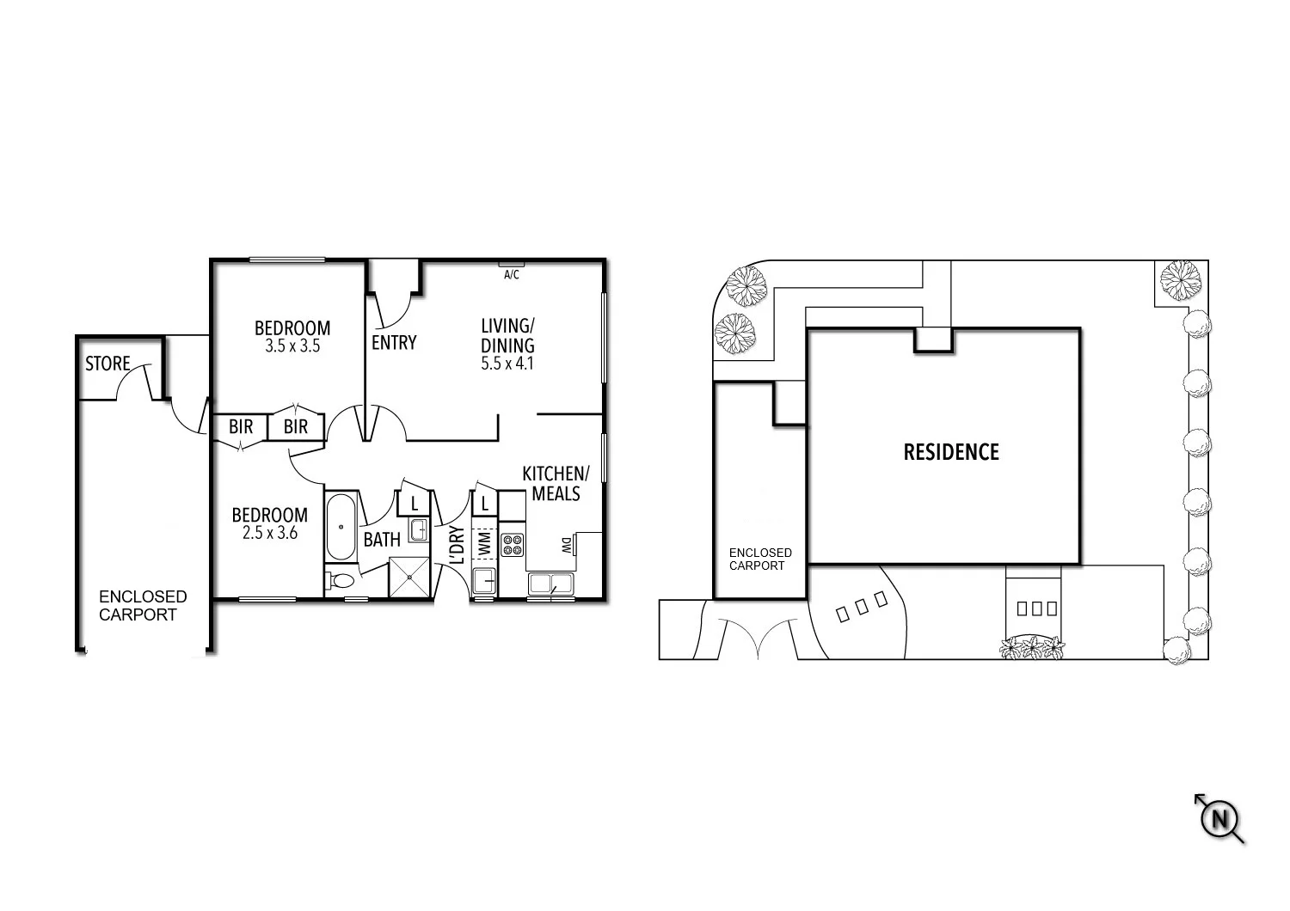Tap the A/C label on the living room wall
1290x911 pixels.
[x=511, y=275]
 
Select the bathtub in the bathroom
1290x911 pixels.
[x=341, y=527]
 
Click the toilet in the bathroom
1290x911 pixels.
[x=341, y=582]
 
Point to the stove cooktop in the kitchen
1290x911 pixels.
[x=513, y=544]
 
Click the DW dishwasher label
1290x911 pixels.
[x=567, y=545]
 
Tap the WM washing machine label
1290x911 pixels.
[x=484, y=543]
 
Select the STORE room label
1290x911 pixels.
[x=107, y=364]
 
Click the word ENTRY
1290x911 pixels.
[x=394, y=343]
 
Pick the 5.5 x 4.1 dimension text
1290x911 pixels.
[x=507, y=364]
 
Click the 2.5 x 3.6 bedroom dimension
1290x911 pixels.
[x=269, y=533]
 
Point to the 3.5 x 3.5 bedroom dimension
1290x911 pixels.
[x=292, y=346]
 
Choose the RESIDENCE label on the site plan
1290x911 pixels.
[x=951, y=452]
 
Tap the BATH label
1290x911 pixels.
[x=382, y=540]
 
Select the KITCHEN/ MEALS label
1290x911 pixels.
[x=556, y=484]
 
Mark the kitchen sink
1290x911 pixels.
[x=542, y=584]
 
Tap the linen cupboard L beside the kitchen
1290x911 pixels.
[x=485, y=504]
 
